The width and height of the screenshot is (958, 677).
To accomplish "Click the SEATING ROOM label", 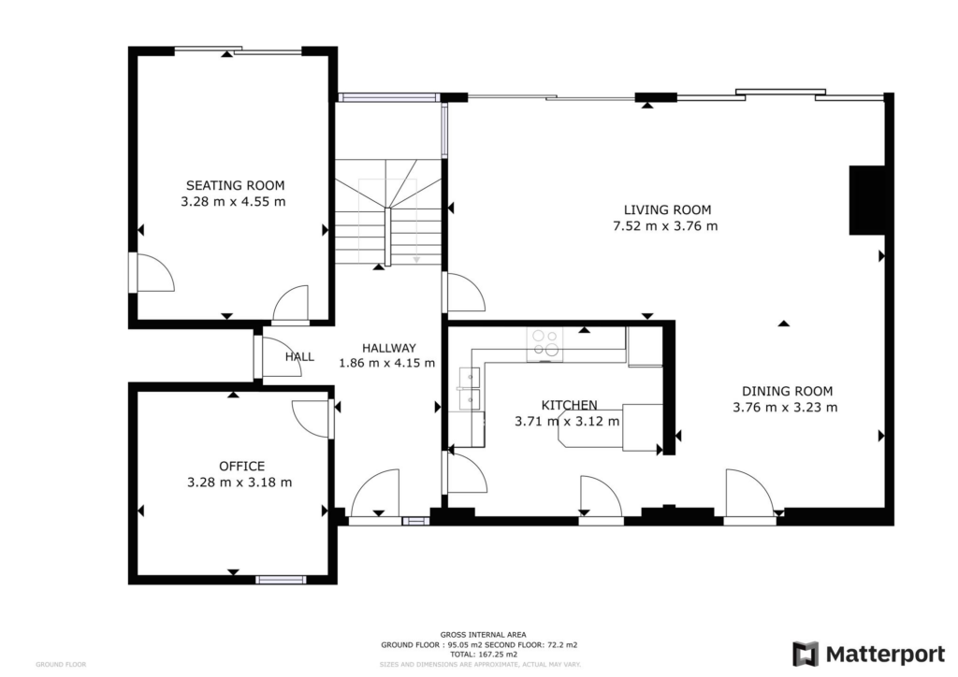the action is pos(235,185).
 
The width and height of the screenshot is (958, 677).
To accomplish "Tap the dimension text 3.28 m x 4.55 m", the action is pos(233,201).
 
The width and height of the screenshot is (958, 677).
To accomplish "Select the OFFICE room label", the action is pos(242,467).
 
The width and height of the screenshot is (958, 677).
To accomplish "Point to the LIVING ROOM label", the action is pos(667,210).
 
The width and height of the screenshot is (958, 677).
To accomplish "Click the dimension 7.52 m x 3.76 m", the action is pos(665,226).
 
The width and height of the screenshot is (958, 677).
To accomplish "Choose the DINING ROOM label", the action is pos(787,391).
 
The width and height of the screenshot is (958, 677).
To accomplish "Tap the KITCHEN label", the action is pos(570,405).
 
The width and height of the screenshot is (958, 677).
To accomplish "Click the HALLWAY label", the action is pos(389,348).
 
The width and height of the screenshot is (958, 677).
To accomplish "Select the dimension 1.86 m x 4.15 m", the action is pos(387,363).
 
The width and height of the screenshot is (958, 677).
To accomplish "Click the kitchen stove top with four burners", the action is pos(545,344).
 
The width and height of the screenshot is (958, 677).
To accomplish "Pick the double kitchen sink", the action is pos(470,388).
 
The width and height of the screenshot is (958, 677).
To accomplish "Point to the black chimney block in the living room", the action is pos(867,199).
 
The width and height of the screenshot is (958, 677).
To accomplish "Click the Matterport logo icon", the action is pos(806,654).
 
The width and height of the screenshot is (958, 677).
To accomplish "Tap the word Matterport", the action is pos(885,655).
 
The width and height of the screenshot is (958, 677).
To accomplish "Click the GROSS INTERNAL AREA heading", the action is pos(483,635).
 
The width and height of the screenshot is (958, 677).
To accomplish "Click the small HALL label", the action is pos(299,357).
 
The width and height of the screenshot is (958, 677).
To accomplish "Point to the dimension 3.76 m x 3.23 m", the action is pos(785,407).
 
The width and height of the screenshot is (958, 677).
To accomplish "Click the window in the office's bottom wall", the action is pos(281,580).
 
